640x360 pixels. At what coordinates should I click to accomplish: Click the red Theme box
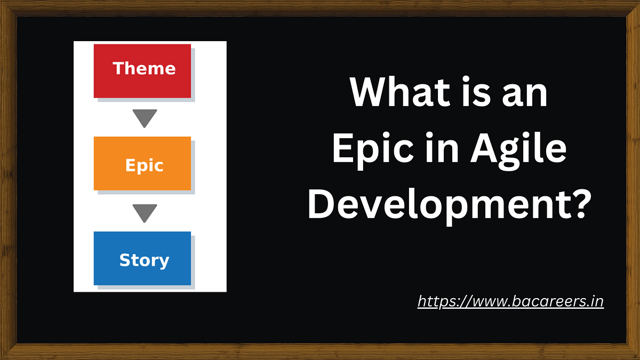142,70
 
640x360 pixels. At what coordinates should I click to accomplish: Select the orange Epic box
142,163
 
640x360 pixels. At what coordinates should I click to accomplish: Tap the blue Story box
142,258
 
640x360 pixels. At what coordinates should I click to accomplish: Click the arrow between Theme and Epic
145,118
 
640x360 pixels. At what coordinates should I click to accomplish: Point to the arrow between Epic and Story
145,213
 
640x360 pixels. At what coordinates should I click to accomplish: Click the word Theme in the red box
144,68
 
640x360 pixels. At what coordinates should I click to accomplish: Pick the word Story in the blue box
144,260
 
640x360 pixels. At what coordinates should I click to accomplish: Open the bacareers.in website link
510,301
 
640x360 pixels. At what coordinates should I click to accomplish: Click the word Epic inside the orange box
144,165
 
